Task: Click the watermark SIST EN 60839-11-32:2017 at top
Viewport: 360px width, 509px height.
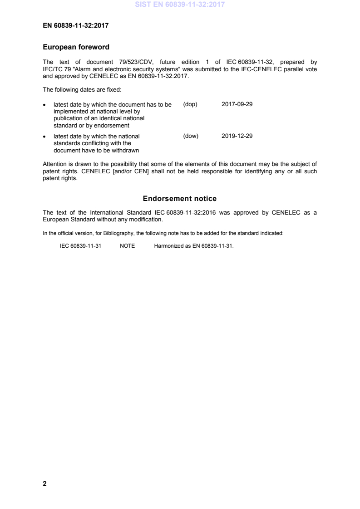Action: pyautogui.click(x=180, y=5)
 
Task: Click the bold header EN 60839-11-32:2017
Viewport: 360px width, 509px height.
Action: pyautogui.click(x=75, y=26)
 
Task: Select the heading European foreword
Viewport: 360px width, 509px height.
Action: pyautogui.click(x=76, y=47)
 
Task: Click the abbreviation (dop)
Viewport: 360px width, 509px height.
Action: pyautogui.click(x=190, y=104)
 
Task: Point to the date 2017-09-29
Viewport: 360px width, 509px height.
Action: pyautogui.click(x=237, y=104)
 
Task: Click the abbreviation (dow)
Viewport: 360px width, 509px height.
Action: pyautogui.click(x=191, y=136)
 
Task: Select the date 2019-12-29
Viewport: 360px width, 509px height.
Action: pyautogui.click(x=237, y=136)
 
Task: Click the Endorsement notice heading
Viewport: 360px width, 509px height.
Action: pyautogui.click(x=180, y=199)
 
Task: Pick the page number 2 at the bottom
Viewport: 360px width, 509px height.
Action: pyautogui.click(x=44, y=484)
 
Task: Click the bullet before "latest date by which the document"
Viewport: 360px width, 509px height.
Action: pyautogui.click(x=44, y=105)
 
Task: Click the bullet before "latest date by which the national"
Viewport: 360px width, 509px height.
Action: pyautogui.click(x=44, y=137)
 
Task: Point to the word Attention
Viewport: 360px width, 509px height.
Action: pyautogui.click(x=54, y=164)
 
